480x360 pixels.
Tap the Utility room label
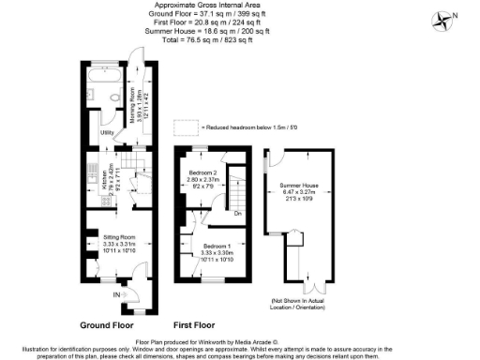[107, 133]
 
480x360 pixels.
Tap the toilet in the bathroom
[112, 97]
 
